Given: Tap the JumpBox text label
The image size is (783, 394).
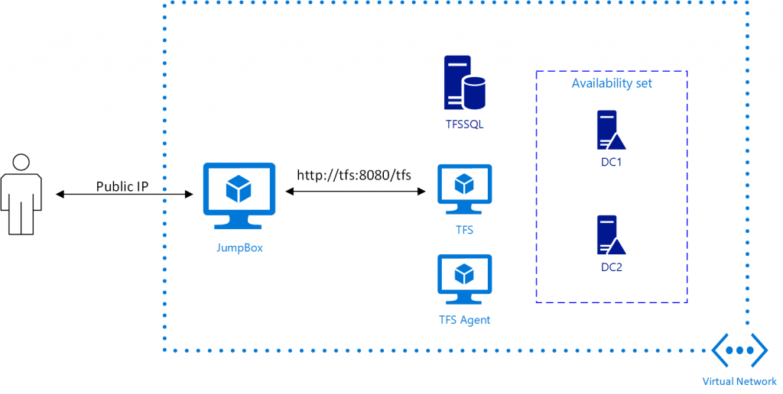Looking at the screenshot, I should [239, 247].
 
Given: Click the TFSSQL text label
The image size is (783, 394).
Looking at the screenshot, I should [464, 124].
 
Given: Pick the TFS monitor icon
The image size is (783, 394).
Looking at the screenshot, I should [464, 191].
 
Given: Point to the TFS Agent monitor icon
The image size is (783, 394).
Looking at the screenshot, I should [464, 280].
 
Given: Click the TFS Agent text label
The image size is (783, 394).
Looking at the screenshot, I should [464, 320].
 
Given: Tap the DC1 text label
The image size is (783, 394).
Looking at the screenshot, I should [612, 162].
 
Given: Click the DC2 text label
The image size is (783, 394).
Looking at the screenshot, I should [612, 267].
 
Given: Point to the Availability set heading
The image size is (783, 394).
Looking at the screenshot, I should [612, 83].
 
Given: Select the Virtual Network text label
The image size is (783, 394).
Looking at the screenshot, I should [739, 381].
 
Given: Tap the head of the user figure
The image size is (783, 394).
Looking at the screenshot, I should [21, 162].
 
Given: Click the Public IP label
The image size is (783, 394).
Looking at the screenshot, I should [122, 186].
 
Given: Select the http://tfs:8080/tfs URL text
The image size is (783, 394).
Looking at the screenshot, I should [354, 175].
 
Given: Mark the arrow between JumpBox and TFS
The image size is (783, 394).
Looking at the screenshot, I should [356, 192].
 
